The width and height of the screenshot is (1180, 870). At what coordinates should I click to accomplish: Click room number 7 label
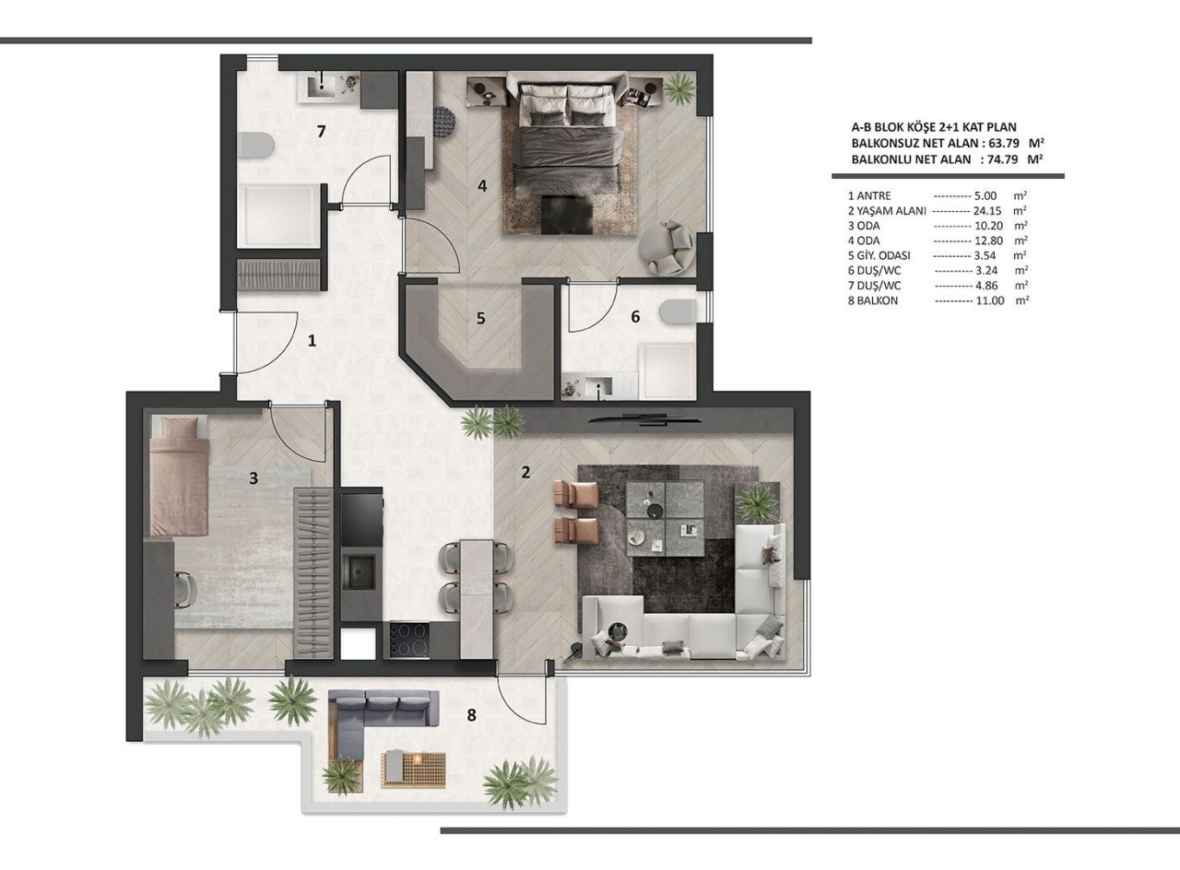[321, 131]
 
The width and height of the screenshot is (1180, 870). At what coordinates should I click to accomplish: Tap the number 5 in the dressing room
[480, 318]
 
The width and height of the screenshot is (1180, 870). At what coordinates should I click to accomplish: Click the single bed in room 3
[179, 475]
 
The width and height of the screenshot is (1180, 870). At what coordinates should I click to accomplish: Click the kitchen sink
[358, 574]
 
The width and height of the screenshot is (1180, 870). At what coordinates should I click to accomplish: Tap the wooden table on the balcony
[414, 769]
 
